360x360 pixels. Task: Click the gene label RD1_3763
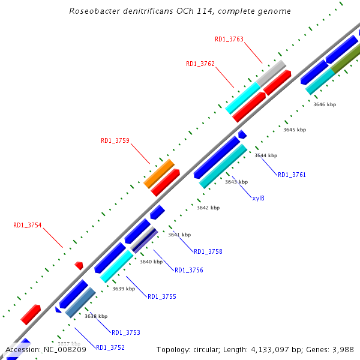[229, 39]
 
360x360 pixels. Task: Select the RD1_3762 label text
[200, 64]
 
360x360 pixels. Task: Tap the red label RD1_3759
[115, 140]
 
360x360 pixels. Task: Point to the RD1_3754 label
[28, 225]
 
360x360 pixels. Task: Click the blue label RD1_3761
[292, 175]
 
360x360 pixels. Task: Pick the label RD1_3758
[208, 251]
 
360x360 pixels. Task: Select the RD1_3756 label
[189, 270]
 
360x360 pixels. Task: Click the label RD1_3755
[162, 296]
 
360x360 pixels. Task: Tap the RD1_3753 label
[126, 332]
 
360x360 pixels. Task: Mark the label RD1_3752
[110, 347]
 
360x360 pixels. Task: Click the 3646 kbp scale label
[325, 104]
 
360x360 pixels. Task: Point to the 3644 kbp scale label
[266, 155]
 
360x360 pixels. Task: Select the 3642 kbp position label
[208, 208]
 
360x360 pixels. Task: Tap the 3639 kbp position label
[124, 289]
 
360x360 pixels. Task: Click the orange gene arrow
[159, 173]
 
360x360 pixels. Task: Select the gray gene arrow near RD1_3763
[271, 72]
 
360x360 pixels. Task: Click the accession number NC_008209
[64, 349]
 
